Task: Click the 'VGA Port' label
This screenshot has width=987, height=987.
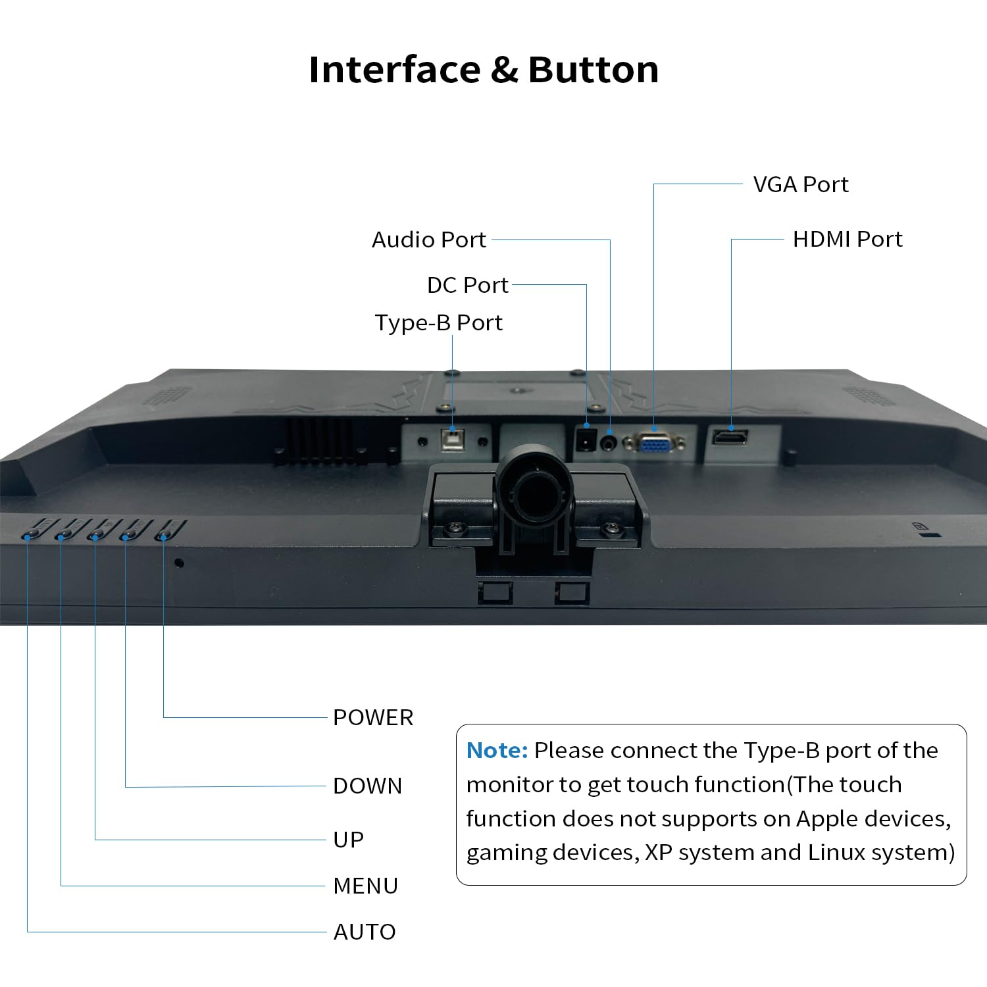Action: pyautogui.click(x=801, y=185)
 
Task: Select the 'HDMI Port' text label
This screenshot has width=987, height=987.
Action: pyautogui.click(x=848, y=239)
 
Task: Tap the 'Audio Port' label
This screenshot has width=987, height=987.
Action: pyautogui.click(x=429, y=240)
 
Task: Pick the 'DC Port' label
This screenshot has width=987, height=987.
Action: pyautogui.click(x=468, y=285)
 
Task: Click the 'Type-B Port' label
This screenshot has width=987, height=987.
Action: pyautogui.click(x=439, y=323)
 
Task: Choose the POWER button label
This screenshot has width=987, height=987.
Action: pyautogui.click(x=373, y=717)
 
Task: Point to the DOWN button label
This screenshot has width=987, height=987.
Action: pyautogui.click(x=367, y=786)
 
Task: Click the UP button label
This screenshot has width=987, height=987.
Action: pyautogui.click(x=348, y=840)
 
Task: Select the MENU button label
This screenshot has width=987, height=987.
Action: pyautogui.click(x=365, y=886)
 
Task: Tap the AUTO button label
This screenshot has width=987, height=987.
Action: pyautogui.click(x=365, y=932)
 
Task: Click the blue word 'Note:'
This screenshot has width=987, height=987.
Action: pyautogui.click(x=497, y=750)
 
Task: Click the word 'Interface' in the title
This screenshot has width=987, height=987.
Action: pyautogui.click(x=395, y=70)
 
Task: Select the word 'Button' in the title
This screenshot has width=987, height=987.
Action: pyautogui.click(x=593, y=70)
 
